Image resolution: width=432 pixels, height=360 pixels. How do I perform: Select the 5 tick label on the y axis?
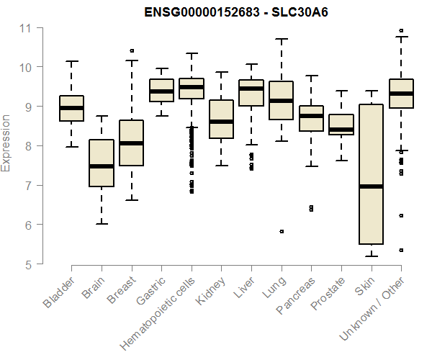tap(28, 264)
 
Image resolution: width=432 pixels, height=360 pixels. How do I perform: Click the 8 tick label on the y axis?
tap(28, 146)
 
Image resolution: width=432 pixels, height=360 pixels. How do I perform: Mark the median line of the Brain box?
tap(102, 166)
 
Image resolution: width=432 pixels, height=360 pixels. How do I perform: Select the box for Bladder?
tap(71, 109)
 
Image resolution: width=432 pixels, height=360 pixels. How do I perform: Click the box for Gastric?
tap(161, 91)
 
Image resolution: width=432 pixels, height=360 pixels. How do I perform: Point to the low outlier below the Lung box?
tap(282, 231)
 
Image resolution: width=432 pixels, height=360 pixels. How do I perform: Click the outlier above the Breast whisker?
tap(132, 51)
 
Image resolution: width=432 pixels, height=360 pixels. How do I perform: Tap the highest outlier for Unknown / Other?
tap(401, 31)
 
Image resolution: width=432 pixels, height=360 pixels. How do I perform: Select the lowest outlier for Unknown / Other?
tap(401, 250)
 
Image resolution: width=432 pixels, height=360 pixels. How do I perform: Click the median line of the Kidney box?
tap(221, 122)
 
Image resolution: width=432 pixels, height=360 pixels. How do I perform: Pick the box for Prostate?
tap(341, 125)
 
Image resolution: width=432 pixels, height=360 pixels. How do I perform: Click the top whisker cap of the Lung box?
tap(282, 39)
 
